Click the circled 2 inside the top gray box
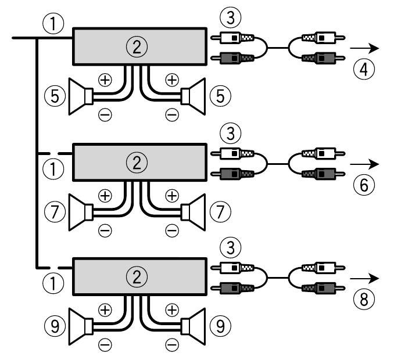pyautogui.click(x=137, y=48)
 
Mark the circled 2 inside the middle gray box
pyautogui.click(x=137, y=163)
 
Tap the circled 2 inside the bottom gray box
pyautogui.click(x=137, y=276)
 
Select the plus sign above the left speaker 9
pyautogui.click(x=105, y=309)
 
